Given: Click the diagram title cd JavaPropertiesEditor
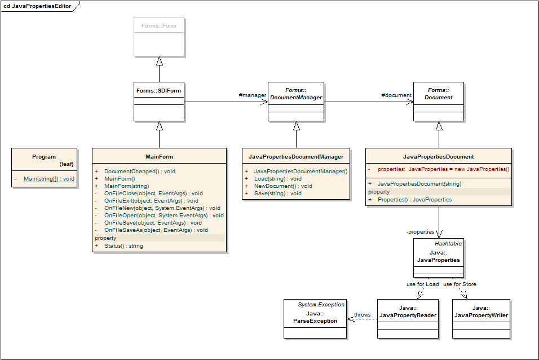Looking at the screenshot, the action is [37, 6].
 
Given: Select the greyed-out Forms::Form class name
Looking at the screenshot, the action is [159, 26].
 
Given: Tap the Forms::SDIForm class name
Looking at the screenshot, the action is [158, 90].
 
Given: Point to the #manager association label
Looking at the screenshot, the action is [253, 95].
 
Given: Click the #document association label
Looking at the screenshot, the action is [396, 95].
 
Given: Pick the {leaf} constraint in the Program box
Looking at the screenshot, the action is [67, 164].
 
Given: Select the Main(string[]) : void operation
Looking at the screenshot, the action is [49, 179].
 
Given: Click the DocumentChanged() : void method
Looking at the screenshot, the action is [140, 171].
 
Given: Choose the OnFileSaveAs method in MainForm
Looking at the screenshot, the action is [156, 230].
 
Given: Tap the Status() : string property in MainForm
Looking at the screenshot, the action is [123, 245].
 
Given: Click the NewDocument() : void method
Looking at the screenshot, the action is [283, 186].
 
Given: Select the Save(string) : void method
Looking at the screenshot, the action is [278, 194].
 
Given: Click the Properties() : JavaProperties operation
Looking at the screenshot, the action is [414, 200].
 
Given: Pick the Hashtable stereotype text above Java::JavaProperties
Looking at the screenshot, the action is [448, 244].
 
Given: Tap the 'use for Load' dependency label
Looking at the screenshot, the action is [422, 284].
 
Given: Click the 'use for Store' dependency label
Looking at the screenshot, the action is [460, 284].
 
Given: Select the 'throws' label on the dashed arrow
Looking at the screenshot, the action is [363, 314].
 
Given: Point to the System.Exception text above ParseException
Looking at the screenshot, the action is [321, 305].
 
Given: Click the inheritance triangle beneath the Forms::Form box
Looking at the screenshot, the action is [159, 61].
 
